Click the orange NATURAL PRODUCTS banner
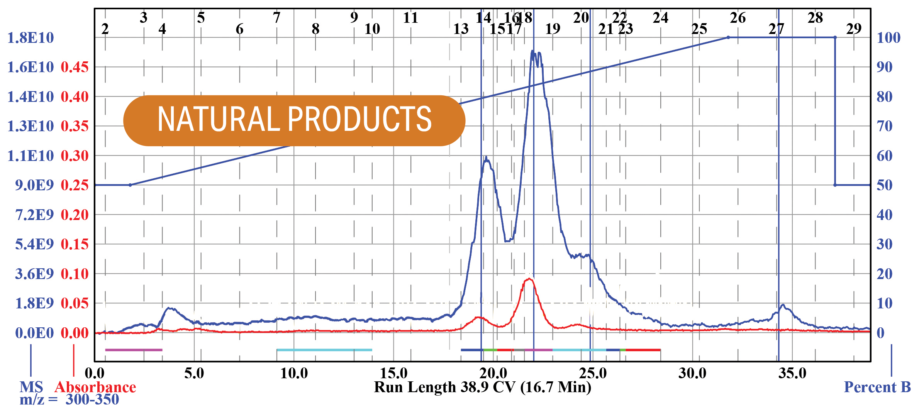coord(294,120)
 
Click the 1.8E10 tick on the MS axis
coord(31,38)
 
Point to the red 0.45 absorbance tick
coord(75,67)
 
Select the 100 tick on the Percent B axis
coord(888,38)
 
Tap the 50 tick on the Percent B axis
coord(884,185)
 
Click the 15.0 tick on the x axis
coord(393,373)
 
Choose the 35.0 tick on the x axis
coord(792,373)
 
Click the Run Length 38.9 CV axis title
coord(482,387)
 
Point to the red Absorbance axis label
coord(95,387)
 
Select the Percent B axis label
coord(877,387)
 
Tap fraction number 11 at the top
coord(410,18)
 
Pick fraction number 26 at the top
coord(738,18)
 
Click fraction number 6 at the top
coord(239,29)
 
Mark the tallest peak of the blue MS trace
coord(532,51)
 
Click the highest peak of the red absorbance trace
coord(529,279)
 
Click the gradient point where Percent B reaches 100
coord(728,37)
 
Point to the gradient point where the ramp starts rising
coord(130,185)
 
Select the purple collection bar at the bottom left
coord(134,350)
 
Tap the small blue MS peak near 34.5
coord(783,305)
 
